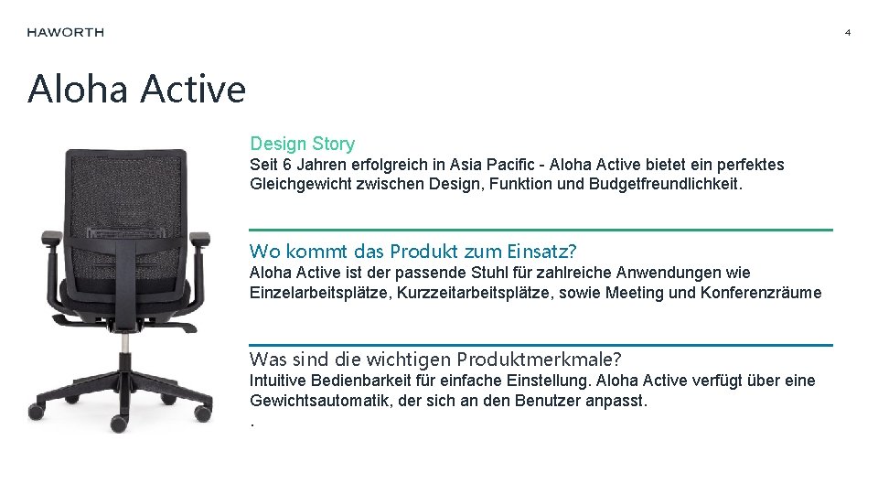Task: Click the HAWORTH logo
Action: pos(65,32)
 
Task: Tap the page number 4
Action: pos(847,33)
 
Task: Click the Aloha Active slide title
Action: pos(136,89)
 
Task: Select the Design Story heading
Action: pos(302,144)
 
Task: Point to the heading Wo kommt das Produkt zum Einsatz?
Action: pos(412,252)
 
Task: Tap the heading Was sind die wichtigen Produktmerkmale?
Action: pos(435,359)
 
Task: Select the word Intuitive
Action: pos(280,381)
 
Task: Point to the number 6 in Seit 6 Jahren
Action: pos(287,165)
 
